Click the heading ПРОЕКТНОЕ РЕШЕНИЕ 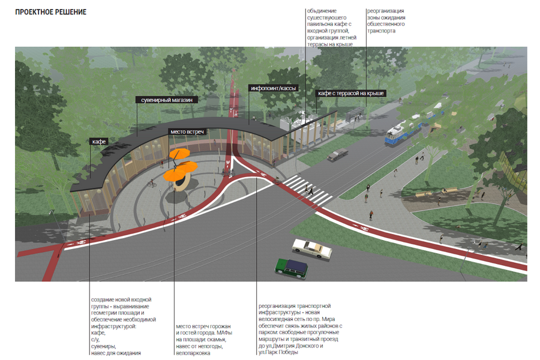[51, 12]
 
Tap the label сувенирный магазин [166, 100]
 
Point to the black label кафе [99, 142]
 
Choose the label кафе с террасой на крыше [350, 94]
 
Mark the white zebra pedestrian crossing [306, 189]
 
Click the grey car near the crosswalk [337, 155]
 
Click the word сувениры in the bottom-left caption [103, 346]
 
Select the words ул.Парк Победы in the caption [278, 353]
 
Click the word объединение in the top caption [322, 11]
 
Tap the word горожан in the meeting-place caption [219, 326]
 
